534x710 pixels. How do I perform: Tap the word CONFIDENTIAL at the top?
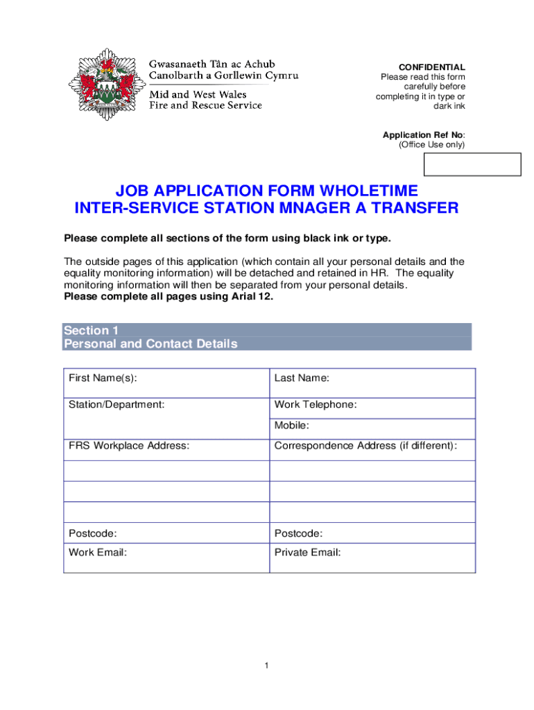[x=436, y=67]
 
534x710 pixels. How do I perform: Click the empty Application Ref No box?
[x=472, y=164]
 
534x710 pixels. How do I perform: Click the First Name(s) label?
[x=103, y=378]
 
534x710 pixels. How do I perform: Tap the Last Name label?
[x=302, y=378]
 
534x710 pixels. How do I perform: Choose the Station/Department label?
[x=117, y=404]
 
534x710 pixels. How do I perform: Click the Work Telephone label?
[x=316, y=404]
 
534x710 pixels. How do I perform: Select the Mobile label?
[x=292, y=425]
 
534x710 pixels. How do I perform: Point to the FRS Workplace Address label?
[x=128, y=446]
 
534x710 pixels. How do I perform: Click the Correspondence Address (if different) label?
[x=365, y=446]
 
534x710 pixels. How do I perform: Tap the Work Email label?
[x=98, y=553]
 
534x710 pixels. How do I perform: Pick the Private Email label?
[x=307, y=553]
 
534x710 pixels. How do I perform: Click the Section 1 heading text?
[x=86, y=331]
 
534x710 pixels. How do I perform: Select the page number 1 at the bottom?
[x=266, y=666]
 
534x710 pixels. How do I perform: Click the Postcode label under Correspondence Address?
[x=298, y=533]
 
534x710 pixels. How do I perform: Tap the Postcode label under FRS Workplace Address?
[x=92, y=533]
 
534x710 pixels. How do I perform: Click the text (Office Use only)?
[x=431, y=145]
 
